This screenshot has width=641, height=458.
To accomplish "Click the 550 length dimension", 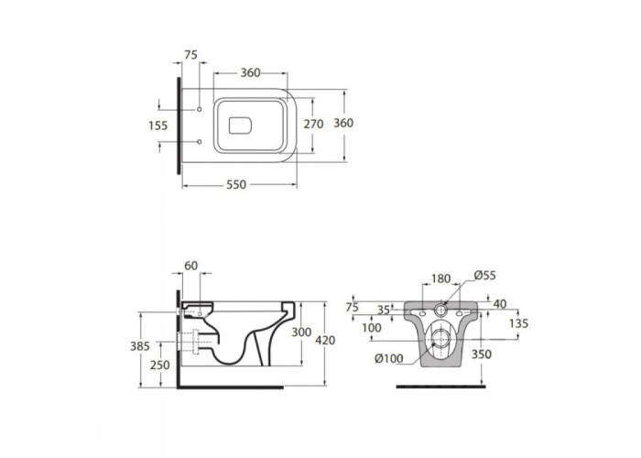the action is [236, 185].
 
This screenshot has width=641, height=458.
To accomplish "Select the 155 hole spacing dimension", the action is [158, 125].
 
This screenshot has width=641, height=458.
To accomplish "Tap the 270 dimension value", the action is [313, 124].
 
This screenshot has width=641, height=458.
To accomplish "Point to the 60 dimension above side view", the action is [190, 266].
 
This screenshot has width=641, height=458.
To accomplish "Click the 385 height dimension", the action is [140, 346].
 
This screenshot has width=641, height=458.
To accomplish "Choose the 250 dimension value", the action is [159, 365].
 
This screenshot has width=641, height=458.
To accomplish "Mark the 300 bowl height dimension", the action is [301, 332].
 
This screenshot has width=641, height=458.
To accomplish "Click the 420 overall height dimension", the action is [325, 340].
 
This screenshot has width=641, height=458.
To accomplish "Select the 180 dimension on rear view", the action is [441, 278].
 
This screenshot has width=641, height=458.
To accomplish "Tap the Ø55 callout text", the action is [485, 276].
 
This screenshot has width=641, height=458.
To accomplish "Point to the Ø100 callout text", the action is [389, 359].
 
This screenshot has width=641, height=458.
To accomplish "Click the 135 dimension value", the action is [519, 324].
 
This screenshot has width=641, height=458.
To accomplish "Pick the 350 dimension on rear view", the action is [481, 354].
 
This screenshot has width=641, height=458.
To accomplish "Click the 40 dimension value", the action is [500, 304].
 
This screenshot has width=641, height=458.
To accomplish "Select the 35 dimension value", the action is [383, 311].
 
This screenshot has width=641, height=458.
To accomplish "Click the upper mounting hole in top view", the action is [200, 110].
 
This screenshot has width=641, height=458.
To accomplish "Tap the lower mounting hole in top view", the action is [200, 142].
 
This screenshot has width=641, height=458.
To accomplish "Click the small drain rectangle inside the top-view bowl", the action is [240, 125].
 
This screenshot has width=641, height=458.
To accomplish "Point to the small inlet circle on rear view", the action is [441, 310].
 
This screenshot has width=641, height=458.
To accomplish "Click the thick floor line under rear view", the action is [441, 387].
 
